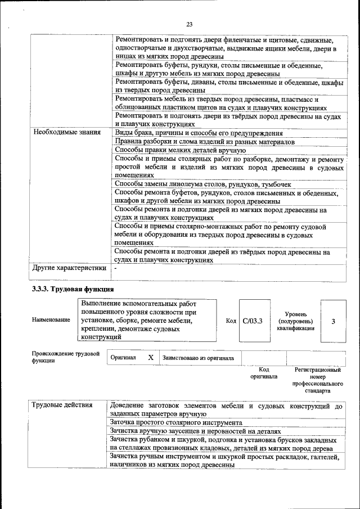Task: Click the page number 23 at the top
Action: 188,24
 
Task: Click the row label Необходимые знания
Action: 66,133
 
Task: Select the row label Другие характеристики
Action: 69,268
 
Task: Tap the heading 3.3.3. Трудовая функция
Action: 73,289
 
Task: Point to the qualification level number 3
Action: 333,321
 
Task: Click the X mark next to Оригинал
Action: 150,358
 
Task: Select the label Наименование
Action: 51,320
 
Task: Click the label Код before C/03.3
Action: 231,321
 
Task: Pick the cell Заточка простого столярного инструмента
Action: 176,422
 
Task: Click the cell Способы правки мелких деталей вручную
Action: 180,150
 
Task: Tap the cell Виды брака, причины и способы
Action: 199,133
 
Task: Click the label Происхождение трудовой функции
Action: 66,358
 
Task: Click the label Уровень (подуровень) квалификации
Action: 295,321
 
